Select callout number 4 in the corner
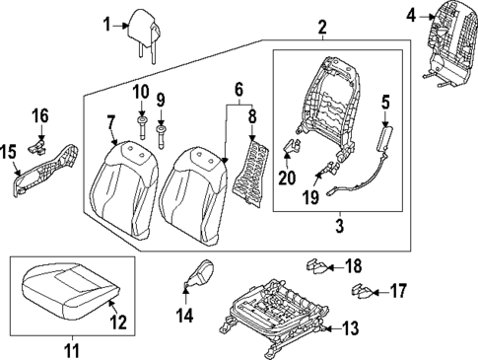pos(410,14)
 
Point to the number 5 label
pos(386,101)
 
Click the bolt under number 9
pos(163,131)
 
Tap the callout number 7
pos(111,122)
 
